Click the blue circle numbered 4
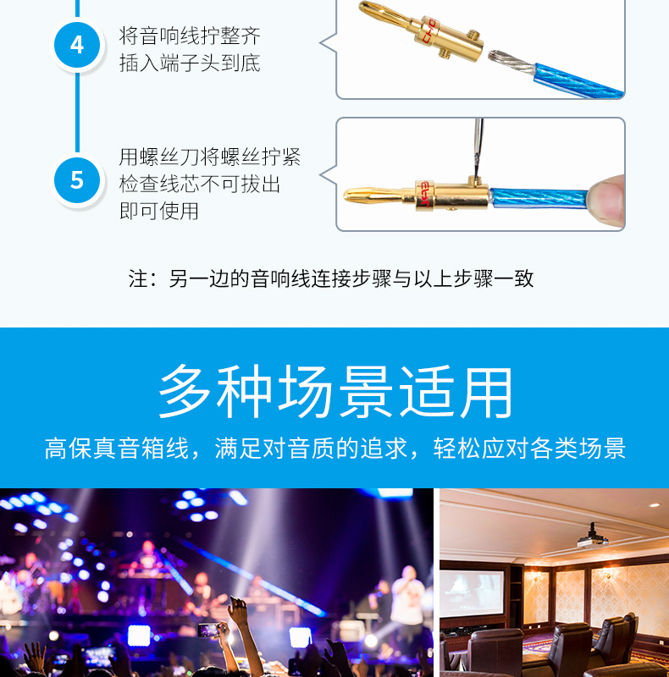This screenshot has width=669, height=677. (x=77, y=45)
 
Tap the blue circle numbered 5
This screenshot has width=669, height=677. (x=77, y=180)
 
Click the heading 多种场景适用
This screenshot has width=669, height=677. (x=335, y=391)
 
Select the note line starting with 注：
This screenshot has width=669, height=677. (x=331, y=278)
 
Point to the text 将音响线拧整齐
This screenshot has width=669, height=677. (x=190, y=36)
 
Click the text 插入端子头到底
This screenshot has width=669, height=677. (x=190, y=63)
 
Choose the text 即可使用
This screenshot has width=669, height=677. (x=159, y=211)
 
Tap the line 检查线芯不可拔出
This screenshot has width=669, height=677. (x=200, y=184)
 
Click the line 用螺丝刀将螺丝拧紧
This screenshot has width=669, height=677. (x=210, y=157)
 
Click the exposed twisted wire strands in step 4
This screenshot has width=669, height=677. (x=511, y=62)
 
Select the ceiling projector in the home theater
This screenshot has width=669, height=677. (x=593, y=537)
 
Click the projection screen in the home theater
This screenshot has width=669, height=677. (x=472, y=593)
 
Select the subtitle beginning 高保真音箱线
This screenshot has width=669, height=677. (x=335, y=449)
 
